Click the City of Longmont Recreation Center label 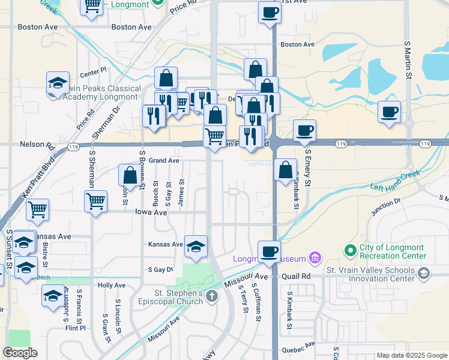(x=393, y=252)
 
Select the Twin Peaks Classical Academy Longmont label (x=102, y=92)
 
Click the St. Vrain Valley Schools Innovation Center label (x=370, y=274)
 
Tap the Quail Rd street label (x=297, y=276)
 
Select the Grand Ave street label (x=164, y=161)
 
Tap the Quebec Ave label (x=301, y=344)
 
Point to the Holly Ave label (x=111, y=286)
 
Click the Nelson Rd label (x=37, y=145)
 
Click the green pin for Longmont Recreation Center (x=350, y=248)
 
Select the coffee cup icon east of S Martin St (x=389, y=112)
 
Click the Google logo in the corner (x=20, y=353)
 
